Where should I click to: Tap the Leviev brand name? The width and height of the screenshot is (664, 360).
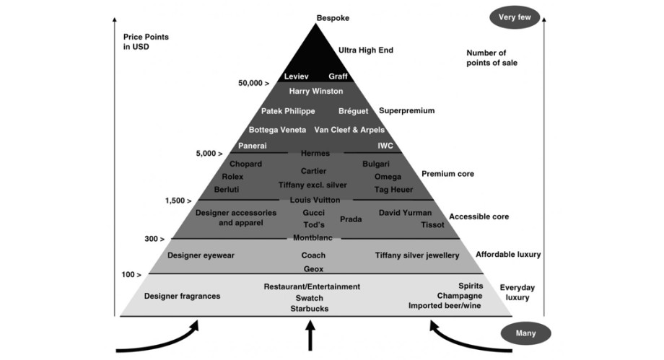coord(297,76)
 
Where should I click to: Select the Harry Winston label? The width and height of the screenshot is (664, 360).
coord(315,92)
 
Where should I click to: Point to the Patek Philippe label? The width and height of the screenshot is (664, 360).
coord(288,111)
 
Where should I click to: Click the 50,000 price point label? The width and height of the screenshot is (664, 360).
coord(254,84)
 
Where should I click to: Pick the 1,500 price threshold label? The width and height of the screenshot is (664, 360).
coord(178,201)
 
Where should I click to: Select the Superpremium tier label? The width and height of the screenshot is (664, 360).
coord(406,111)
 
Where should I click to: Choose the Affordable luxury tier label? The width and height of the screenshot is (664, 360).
coord(508,255)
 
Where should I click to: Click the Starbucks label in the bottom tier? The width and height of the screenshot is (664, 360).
coord(309,309)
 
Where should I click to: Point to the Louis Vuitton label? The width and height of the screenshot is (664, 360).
coord(315,199)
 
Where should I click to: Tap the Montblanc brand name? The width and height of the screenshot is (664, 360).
coord(313,237)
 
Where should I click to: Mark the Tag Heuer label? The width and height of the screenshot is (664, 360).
coord(393,190)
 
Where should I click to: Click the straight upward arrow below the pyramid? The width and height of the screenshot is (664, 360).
coord(310,336)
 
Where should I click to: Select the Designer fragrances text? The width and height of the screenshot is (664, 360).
coord(182,297)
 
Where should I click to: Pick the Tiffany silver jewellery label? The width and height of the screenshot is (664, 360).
coord(417,255)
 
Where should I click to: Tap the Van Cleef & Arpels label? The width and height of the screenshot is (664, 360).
coord(349,130)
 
